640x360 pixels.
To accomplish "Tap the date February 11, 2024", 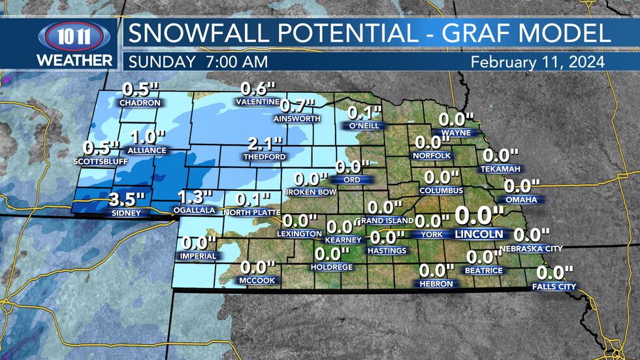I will pos(537,61).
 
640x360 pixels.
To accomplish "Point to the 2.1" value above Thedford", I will pos(264,144).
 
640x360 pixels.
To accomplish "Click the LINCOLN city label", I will pos(479,234).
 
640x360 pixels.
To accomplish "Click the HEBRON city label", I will pos(436,284).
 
